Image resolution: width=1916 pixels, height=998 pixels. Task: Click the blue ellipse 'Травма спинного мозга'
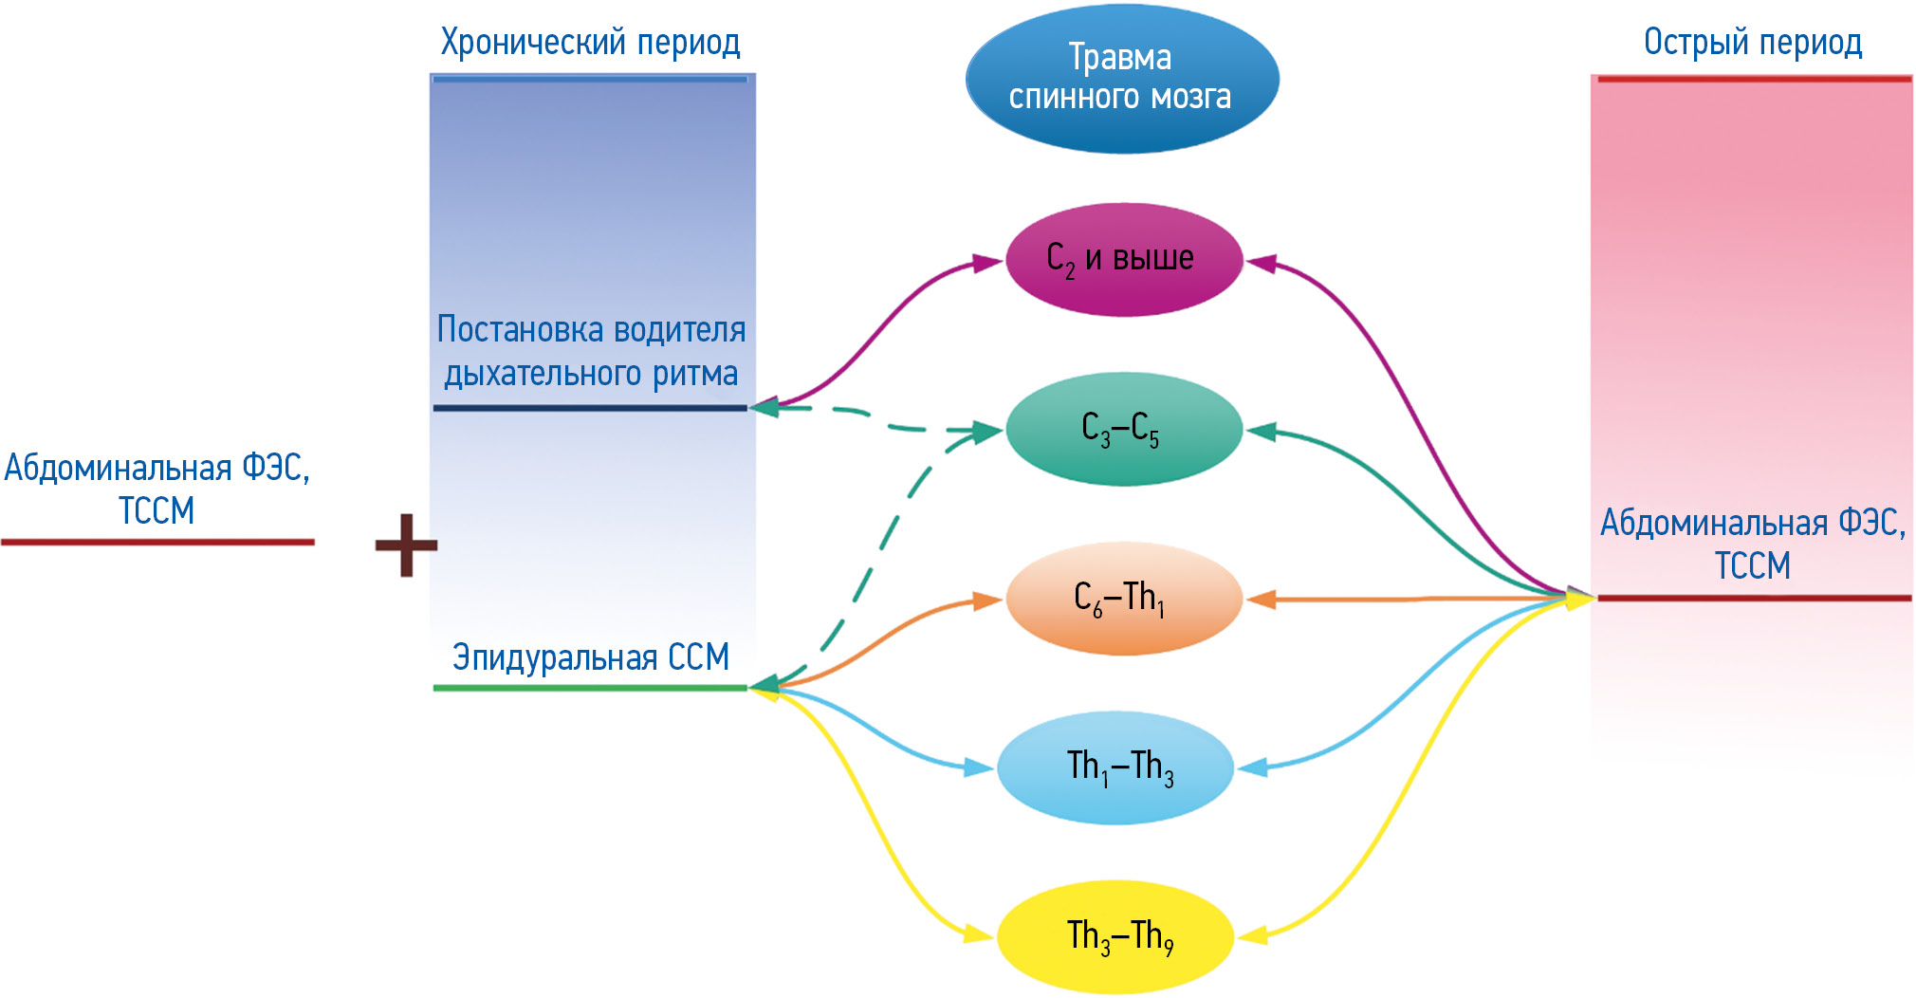click(x=1121, y=78)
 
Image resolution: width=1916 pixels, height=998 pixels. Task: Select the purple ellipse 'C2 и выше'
click(x=1123, y=259)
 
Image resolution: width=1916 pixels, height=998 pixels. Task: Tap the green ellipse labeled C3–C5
click(x=1123, y=429)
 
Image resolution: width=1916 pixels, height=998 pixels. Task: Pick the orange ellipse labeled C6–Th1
click(x=1123, y=599)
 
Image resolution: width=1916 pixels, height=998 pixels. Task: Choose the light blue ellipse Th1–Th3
click(x=1115, y=767)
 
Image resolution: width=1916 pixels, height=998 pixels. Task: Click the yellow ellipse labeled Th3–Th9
click(x=1115, y=936)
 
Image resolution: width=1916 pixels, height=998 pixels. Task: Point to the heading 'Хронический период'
click(x=590, y=43)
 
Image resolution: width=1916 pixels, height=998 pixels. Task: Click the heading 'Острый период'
click(x=1752, y=43)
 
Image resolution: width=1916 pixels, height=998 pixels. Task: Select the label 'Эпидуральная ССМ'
click(x=590, y=656)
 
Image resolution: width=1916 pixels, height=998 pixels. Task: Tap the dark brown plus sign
click(x=406, y=545)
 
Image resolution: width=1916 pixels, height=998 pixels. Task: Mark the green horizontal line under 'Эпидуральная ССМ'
click(x=590, y=687)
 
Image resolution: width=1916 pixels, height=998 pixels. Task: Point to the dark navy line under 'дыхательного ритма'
click(x=590, y=408)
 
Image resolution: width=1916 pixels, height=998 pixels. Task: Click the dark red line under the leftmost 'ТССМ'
click(x=157, y=542)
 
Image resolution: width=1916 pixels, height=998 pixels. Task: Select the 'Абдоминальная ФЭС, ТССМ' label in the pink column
click(x=1753, y=543)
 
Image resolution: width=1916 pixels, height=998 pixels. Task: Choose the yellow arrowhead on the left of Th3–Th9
click(x=979, y=934)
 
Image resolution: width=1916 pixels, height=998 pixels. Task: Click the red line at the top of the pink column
click(x=1753, y=80)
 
